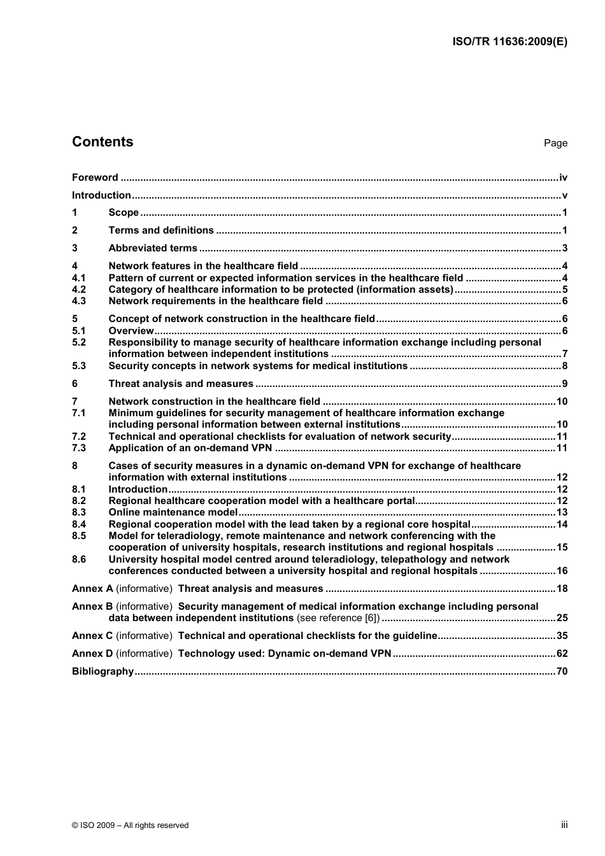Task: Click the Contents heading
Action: point(103,142)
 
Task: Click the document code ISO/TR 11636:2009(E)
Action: point(509,42)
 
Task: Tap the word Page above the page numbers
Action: point(555,143)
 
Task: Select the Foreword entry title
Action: point(95,178)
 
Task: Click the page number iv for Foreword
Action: point(563,178)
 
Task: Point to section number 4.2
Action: point(79,290)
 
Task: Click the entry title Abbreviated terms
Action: point(153,248)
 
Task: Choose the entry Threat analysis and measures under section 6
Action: point(181,384)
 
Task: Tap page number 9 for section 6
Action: point(564,384)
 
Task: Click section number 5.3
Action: point(79,366)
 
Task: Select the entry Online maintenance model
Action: point(173,512)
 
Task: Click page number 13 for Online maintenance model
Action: point(562,512)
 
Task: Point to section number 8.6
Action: point(79,559)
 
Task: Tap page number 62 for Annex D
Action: point(562,654)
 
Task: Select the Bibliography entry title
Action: point(103,671)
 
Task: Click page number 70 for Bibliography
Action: point(562,671)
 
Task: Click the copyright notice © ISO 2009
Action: point(131,825)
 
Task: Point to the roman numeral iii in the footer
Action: point(564,825)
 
